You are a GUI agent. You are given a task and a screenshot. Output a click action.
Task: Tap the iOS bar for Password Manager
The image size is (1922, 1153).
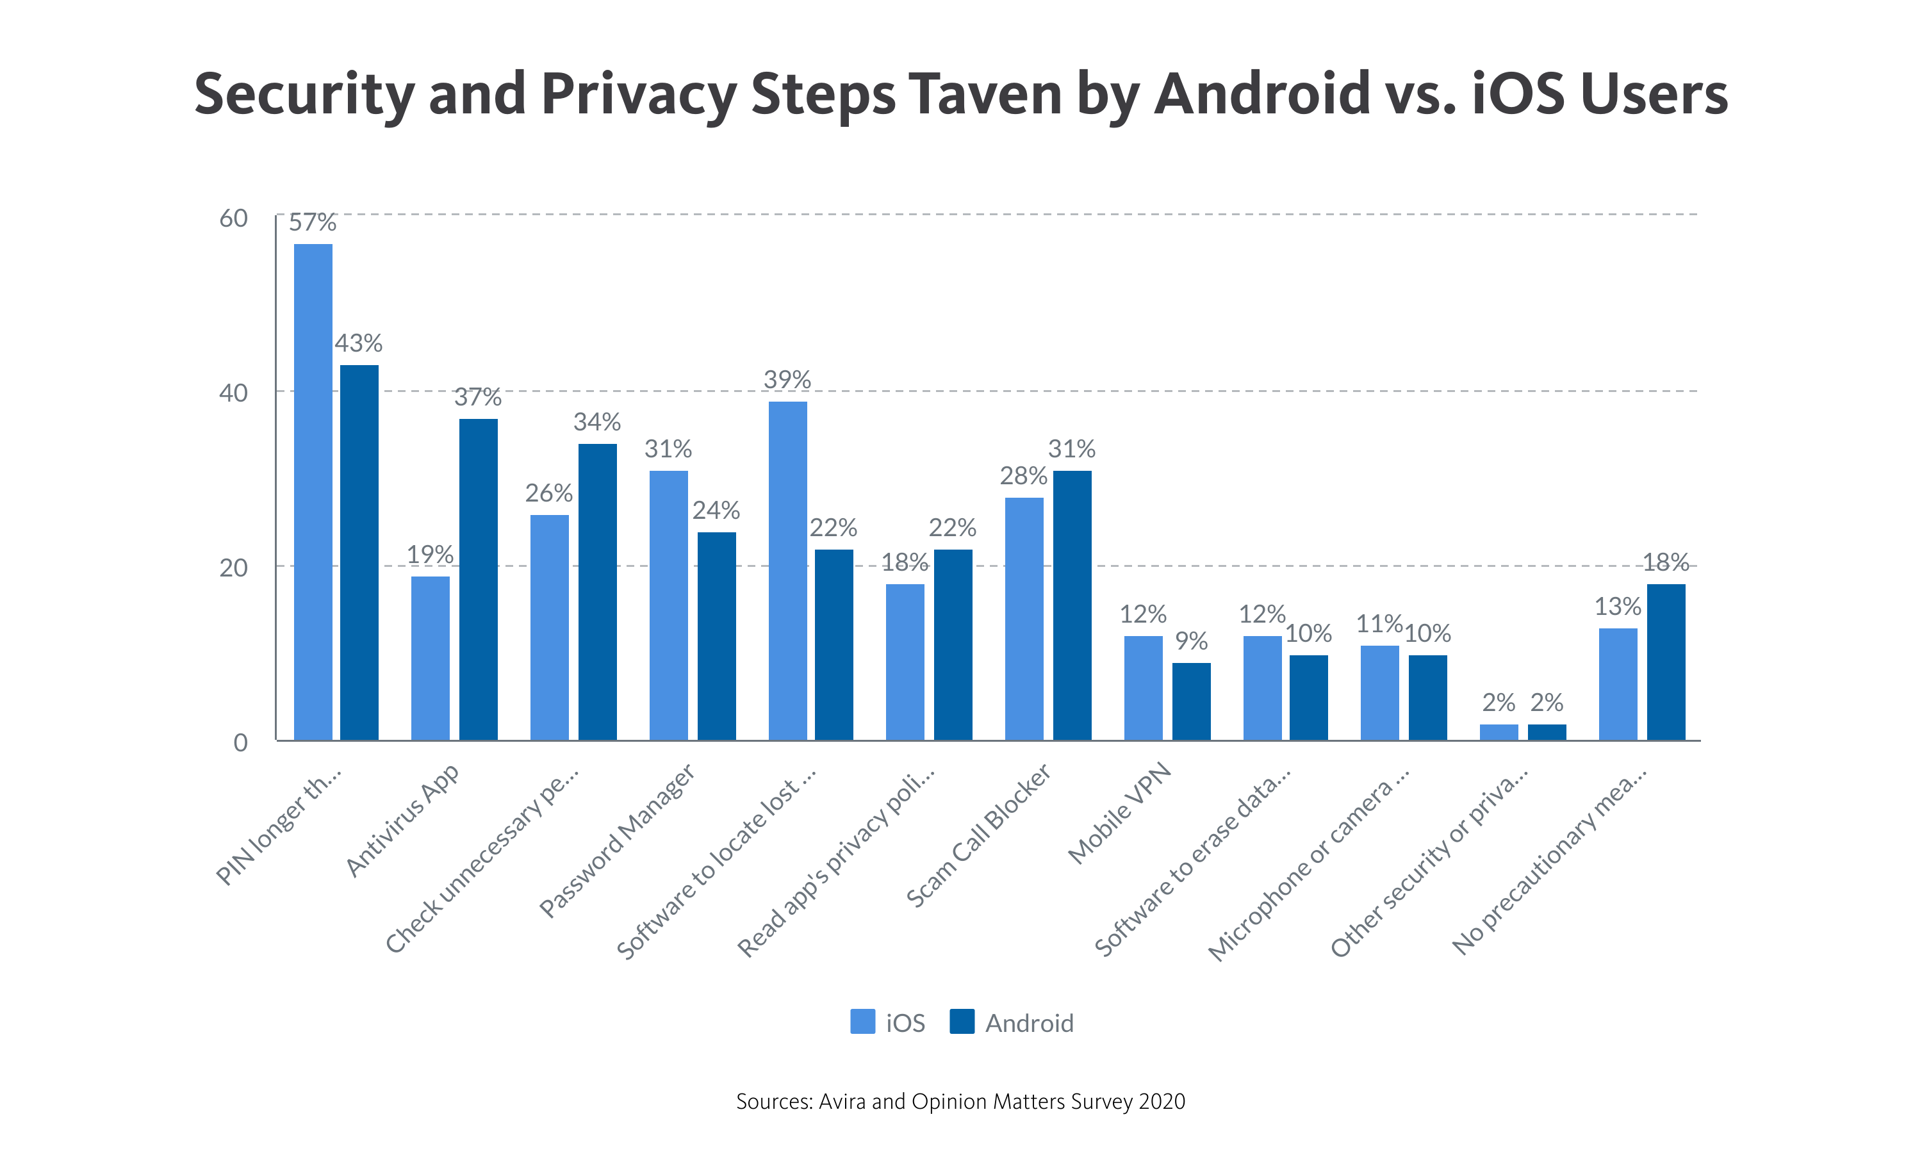[668, 605]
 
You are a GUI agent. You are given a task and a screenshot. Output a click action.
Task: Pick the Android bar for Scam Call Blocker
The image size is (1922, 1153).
[1072, 605]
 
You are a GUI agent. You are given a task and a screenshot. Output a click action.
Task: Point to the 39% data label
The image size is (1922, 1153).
[787, 380]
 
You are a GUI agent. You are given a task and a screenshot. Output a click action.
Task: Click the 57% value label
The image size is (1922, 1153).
[312, 223]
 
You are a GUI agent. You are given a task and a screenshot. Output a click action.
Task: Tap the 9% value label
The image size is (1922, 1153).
[1191, 641]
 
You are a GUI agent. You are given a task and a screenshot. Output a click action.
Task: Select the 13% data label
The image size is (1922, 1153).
[1618, 607]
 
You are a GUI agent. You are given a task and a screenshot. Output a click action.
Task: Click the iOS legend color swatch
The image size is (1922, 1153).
[862, 1022]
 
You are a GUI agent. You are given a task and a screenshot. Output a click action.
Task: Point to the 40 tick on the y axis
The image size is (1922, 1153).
[233, 393]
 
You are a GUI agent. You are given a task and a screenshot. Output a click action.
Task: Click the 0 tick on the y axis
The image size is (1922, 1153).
[241, 743]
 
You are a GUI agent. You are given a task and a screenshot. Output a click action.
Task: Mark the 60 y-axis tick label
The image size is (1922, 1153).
[233, 218]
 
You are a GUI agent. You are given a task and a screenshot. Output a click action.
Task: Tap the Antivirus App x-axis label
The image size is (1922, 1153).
[402, 821]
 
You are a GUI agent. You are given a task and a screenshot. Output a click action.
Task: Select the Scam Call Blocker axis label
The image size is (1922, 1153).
[979, 835]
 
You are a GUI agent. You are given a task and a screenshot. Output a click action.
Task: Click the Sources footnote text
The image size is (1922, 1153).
[960, 1102]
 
